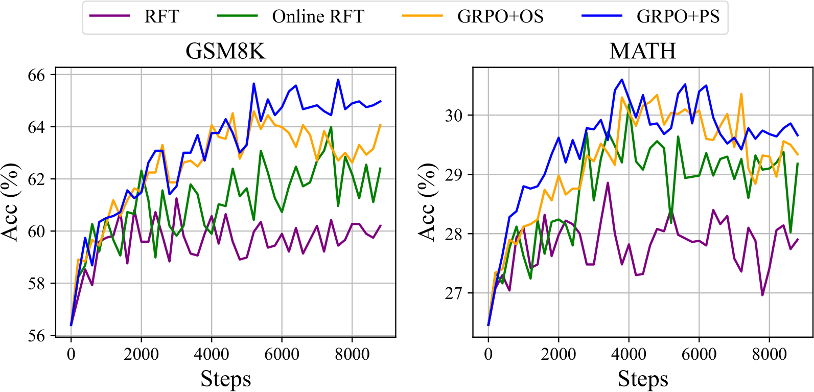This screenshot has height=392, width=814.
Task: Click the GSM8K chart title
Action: tap(225, 51)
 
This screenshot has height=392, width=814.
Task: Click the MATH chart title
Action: tap(642, 51)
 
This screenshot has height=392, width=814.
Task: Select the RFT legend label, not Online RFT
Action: tap(161, 17)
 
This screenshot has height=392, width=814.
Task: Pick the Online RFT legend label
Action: tap(318, 17)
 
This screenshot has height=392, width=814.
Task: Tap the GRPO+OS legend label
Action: tap(500, 17)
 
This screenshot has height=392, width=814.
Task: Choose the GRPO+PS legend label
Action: tap(678, 17)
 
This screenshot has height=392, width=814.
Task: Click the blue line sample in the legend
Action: tap(601, 16)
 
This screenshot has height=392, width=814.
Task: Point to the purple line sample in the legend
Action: tap(109, 16)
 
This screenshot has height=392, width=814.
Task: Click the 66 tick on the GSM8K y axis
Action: tap(36, 75)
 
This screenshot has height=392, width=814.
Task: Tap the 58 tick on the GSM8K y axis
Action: tap(36, 284)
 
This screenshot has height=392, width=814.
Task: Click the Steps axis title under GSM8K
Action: tap(225, 379)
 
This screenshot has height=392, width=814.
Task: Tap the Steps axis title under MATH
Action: tap(642, 379)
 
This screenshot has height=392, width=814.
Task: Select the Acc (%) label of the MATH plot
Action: tap(427, 202)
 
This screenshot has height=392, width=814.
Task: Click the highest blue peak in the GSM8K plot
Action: tap(338, 80)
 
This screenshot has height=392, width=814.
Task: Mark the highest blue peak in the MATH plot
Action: tap(622, 80)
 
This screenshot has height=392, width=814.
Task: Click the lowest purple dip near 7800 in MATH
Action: tap(762, 295)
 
